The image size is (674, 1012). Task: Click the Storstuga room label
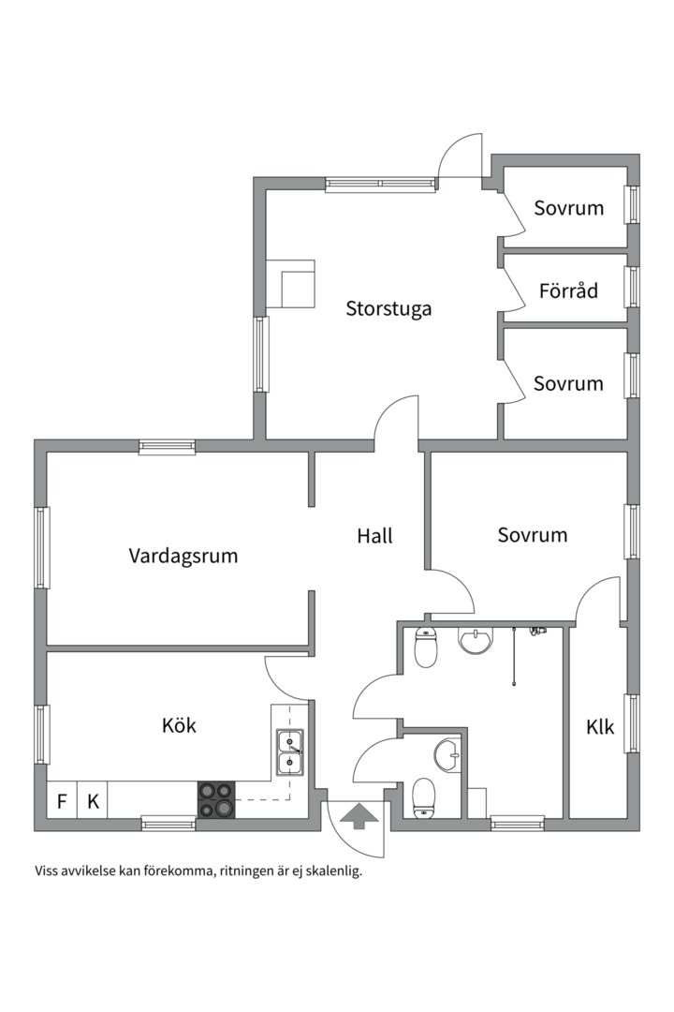tap(388, 308)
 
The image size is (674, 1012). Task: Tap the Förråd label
tap(568, 290)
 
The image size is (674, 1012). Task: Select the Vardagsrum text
tap(183, 556)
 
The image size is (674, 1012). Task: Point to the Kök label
tap(179, 725)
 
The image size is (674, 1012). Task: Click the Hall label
tap(374, 536)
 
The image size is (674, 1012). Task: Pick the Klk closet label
tap(600, 727)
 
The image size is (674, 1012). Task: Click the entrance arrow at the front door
tap(359, 815)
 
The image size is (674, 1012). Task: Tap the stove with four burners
tap(216, 799)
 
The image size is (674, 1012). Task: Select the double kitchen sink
tap(291, 752)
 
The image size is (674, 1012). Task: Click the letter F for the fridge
tap(62, 801)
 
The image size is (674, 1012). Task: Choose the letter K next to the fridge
tap(93, 801)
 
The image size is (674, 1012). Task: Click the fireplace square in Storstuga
tap(298, 290)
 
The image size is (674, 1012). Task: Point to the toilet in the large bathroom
tap(426, 646)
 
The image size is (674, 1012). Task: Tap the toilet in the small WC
tap(423, 798)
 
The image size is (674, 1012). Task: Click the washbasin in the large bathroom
tap(475, 640)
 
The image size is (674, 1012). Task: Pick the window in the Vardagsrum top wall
tap(167, 447)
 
